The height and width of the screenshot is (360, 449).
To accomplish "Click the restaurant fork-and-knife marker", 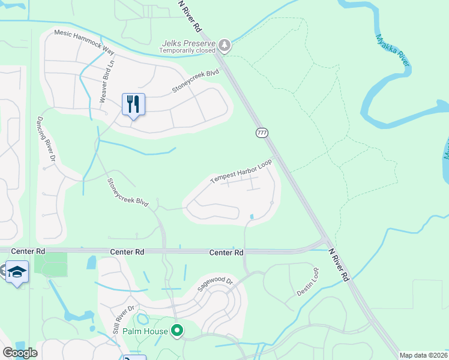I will pos(133,104).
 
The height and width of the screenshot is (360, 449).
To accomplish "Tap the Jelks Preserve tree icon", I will pos(224,44).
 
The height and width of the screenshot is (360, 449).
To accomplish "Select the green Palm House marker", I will pos(177,331).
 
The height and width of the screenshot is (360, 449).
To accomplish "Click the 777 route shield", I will pos(262,133).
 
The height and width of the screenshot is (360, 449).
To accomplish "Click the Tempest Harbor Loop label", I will pos(241,172).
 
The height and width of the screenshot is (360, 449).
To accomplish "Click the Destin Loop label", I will pos(307,282).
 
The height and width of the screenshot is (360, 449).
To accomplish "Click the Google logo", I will pos(20,353).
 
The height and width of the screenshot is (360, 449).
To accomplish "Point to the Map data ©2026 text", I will pos(424,355).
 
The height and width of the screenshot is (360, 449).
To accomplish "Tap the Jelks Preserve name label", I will pos(188,43).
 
